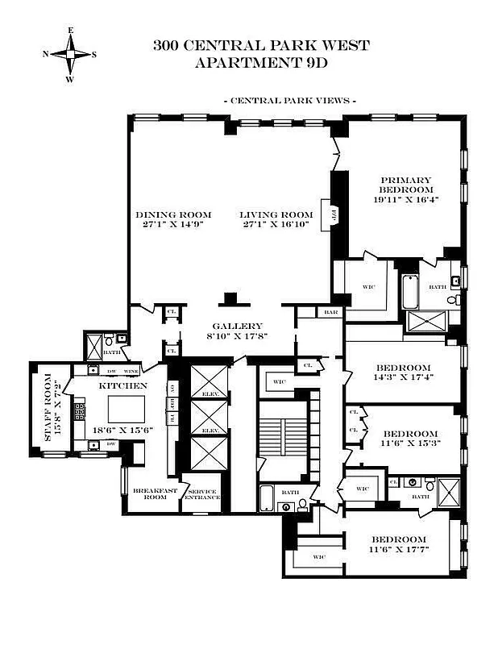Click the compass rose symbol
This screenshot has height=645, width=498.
coord(71,55)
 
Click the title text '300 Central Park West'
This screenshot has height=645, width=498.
coord(261,45)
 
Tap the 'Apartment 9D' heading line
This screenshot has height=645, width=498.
coord(261,61)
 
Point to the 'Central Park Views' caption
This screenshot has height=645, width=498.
coord(289,101)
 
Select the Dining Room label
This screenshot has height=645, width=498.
coord(173,214)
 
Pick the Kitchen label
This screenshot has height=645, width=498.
coord(122,386)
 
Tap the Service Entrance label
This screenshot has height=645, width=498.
coord(201,493)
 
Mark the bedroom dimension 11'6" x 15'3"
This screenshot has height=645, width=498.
coord(410,443)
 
